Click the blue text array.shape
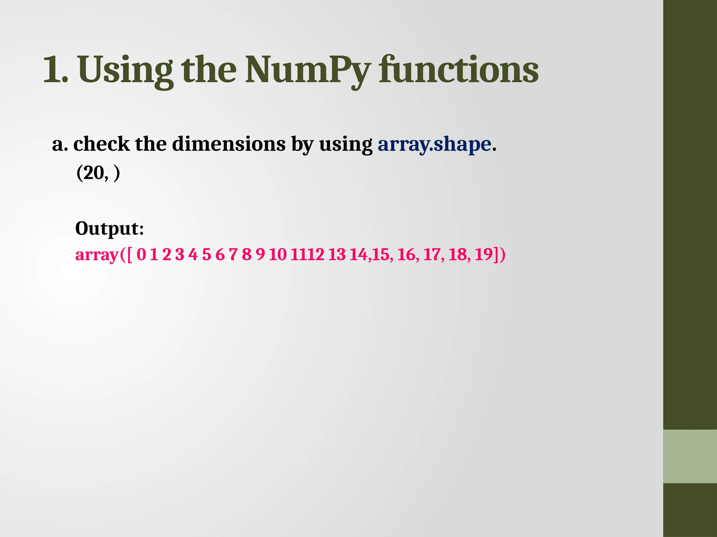[434, 144]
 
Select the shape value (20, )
[98, 173]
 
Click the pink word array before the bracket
[97, 255]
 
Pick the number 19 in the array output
[484, 254]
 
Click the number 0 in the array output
[141, 255]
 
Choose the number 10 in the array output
[278, 255]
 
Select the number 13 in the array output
[337, 255]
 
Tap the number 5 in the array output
[207, 255]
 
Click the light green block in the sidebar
[690, 456]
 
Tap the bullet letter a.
[58, 144]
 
